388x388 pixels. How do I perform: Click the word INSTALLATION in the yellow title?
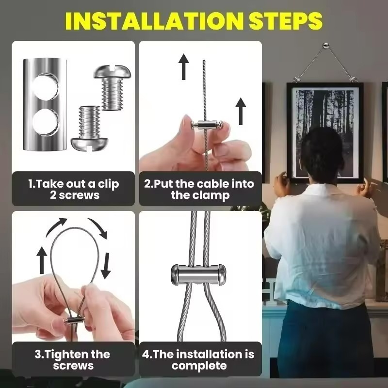tap(154, 21)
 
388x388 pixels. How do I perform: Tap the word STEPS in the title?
tap(286, 21)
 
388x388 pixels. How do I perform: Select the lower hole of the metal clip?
tap(46, 122)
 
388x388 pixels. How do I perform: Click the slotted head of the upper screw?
tap(112, 71)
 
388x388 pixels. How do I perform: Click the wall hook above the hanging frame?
tap(325, 46)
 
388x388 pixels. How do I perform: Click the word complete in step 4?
tap(199, 366)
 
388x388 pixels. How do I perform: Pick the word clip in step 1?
tap(108, 184)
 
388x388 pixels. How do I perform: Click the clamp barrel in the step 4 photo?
tap(198, 275)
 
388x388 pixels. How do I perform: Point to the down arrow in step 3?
tap(106, 265)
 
